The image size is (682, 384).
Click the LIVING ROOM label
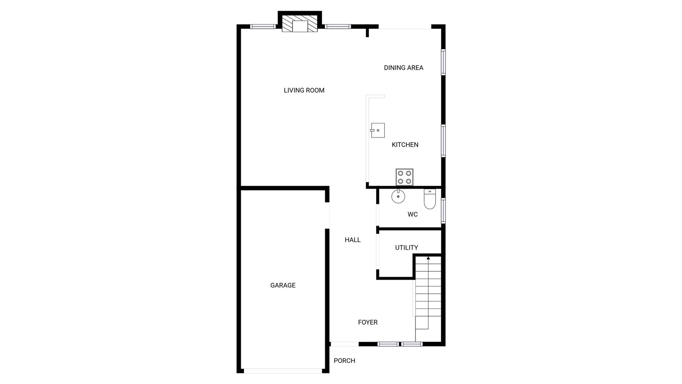304,90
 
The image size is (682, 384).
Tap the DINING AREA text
403,68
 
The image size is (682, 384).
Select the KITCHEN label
405,145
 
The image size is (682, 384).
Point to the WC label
412,215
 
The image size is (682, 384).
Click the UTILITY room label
406,248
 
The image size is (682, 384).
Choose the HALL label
352,240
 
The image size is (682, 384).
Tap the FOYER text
368,322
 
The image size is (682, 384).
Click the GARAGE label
283,285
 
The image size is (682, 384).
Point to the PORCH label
344,361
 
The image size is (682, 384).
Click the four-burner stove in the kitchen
404,177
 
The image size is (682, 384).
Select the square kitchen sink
378,130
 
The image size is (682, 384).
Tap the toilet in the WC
430,199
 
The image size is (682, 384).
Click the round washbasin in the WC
398,196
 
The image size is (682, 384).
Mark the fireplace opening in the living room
300,26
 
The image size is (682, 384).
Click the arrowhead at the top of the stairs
428,258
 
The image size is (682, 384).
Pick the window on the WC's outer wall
443,211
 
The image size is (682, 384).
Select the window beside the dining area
443,62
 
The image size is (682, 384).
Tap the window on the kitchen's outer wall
443,140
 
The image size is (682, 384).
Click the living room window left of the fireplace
263,27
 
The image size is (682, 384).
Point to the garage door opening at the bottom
283,371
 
